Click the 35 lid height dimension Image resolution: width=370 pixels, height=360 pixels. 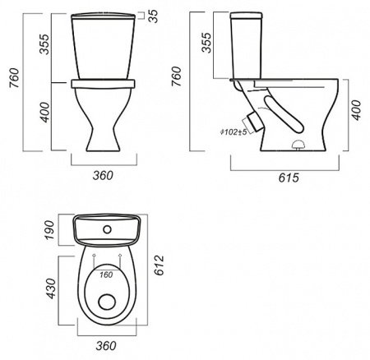pos(154,16)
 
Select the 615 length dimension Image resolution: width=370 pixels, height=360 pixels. pos(289,178)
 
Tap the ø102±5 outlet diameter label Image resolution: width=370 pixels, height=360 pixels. pos(234,132)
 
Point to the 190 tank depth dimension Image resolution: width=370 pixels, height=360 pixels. pos(50,230)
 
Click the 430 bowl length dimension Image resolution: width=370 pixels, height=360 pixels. pos(51,288)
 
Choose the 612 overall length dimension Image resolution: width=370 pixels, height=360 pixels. pos(159,265)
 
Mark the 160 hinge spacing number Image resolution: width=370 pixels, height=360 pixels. pos(106,275)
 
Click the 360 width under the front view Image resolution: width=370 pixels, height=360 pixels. pos(103,175)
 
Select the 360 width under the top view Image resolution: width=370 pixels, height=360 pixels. pos(106,346)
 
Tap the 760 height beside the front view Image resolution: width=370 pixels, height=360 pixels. pos(14,78)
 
